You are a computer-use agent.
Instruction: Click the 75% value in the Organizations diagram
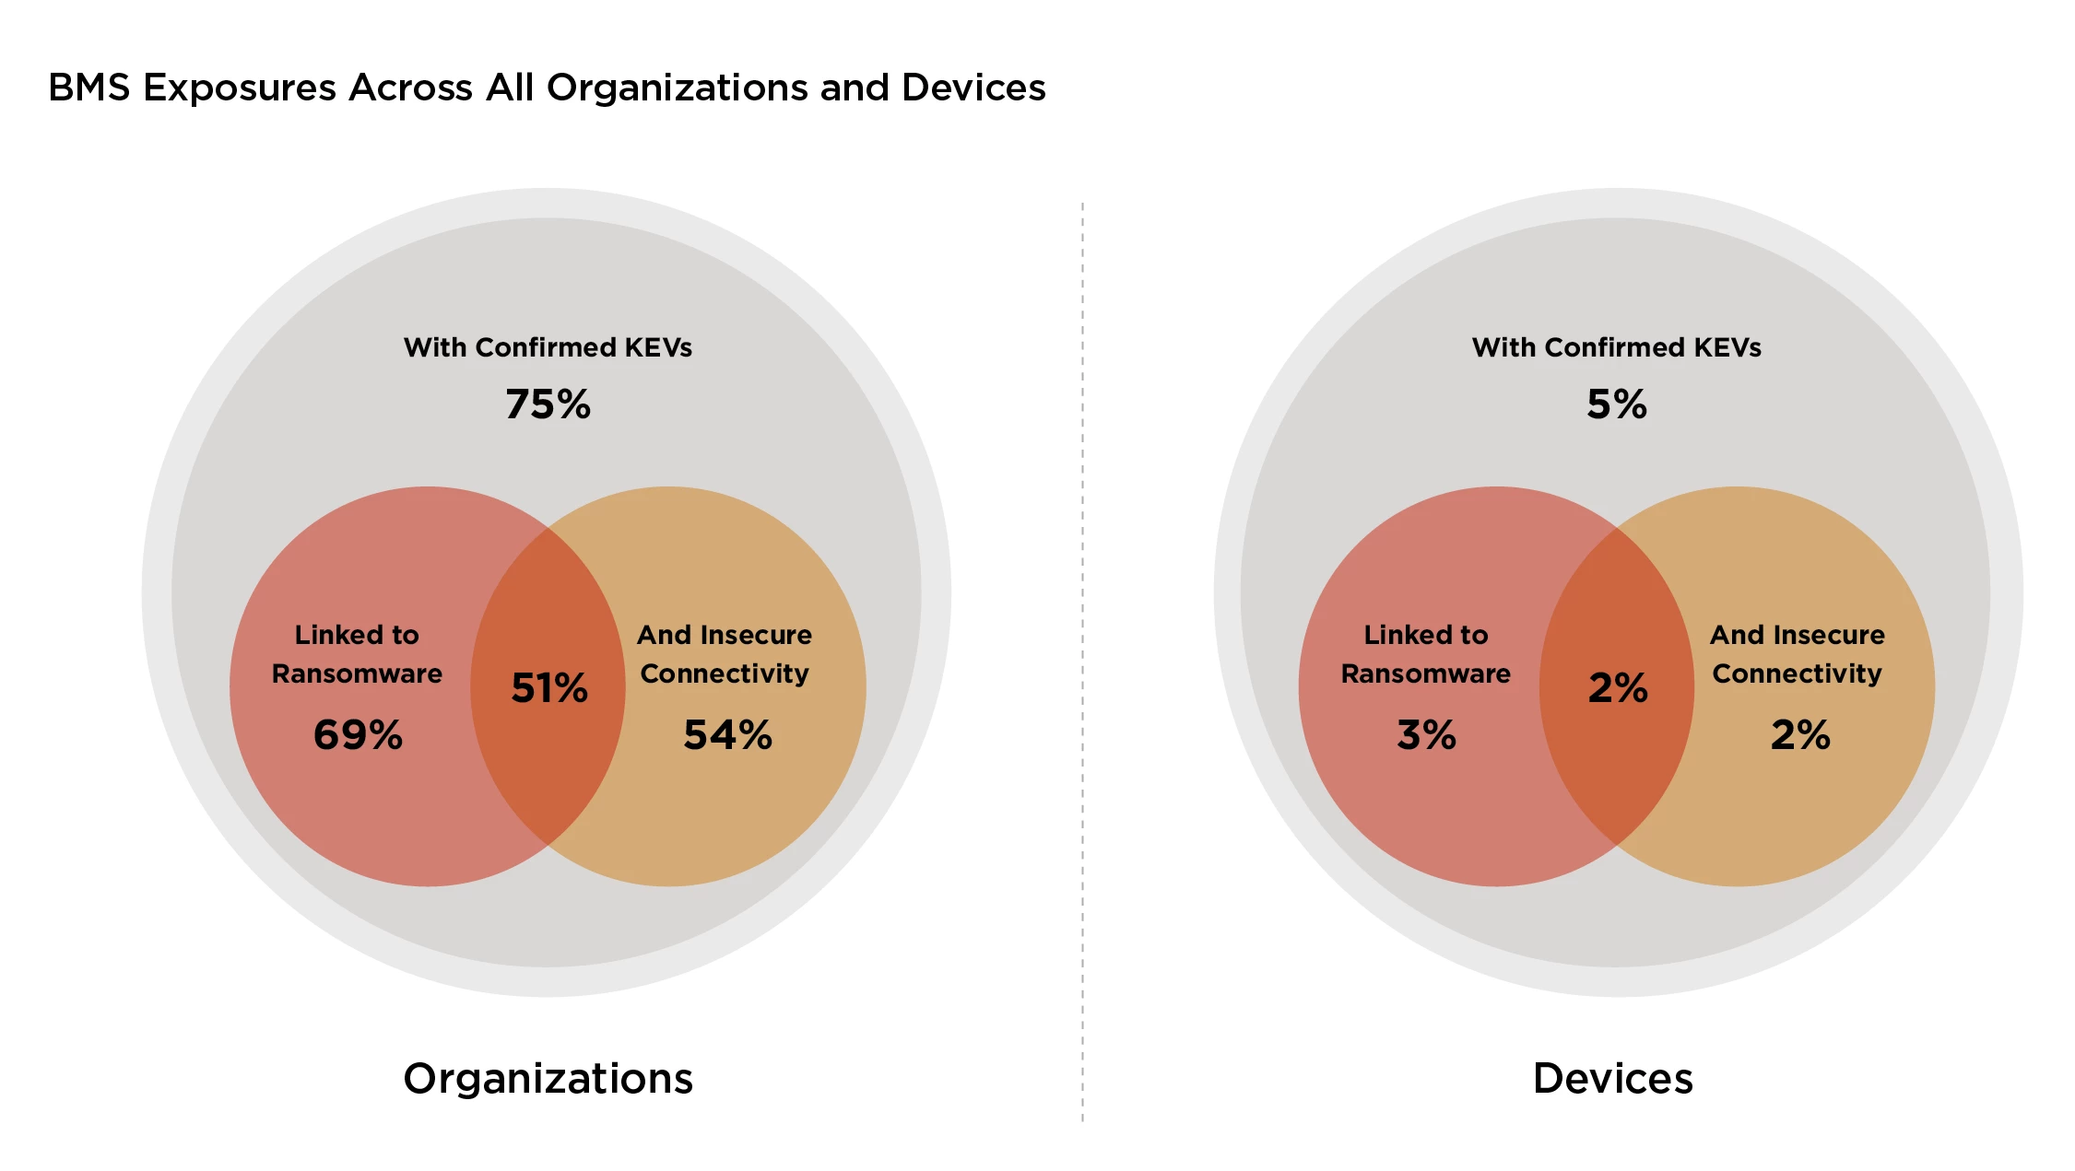click(548, 404)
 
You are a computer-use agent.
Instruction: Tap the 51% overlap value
click(549, 688)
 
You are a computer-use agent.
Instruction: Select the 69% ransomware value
click(358, 735)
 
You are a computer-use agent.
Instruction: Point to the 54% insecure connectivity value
click(727, 735)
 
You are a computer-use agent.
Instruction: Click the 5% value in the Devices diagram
click(1616, 404)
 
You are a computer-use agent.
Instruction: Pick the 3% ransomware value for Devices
click(1426, 735)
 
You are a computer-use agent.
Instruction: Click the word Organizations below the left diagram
click(548, 1078)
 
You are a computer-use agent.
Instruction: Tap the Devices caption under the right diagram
click(1612, 1078)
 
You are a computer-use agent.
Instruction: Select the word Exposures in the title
click(240, 88)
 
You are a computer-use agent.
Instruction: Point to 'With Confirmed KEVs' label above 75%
click(548, 347)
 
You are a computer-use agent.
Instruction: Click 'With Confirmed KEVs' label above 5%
click(1616, 347)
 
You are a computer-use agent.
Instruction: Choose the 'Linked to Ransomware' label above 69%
click(357, 654)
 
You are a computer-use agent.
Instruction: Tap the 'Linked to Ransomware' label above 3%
click(1426, 654)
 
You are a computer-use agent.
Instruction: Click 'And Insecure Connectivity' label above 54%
click(725, 654)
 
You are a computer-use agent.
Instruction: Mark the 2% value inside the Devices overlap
click(1618, 688)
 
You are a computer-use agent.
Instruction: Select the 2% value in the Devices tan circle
click(1799, 735)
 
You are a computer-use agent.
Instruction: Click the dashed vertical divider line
click(1082, 645)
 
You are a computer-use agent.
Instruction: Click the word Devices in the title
click(973, 88)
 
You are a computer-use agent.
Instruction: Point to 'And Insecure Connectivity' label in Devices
click(1797, 654)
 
